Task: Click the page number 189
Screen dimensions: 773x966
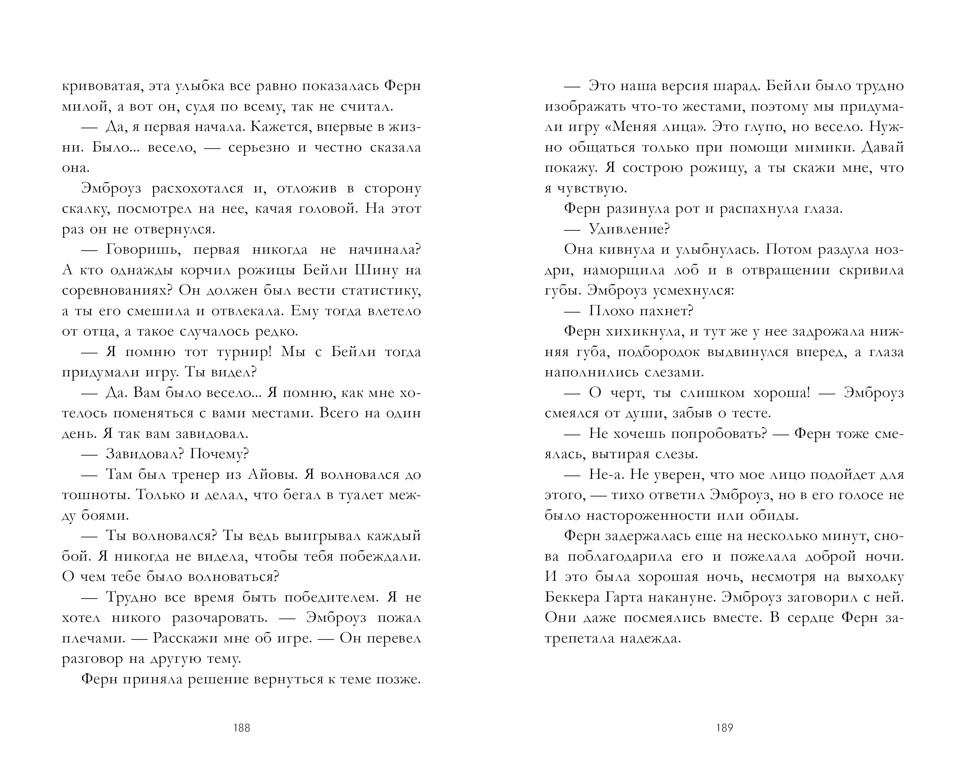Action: [x=725, y=728]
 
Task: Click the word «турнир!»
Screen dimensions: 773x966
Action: [x=244, y=352]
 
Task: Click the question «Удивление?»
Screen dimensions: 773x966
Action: [x=629, y=229]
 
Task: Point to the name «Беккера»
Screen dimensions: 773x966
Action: [x=573, y=597]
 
